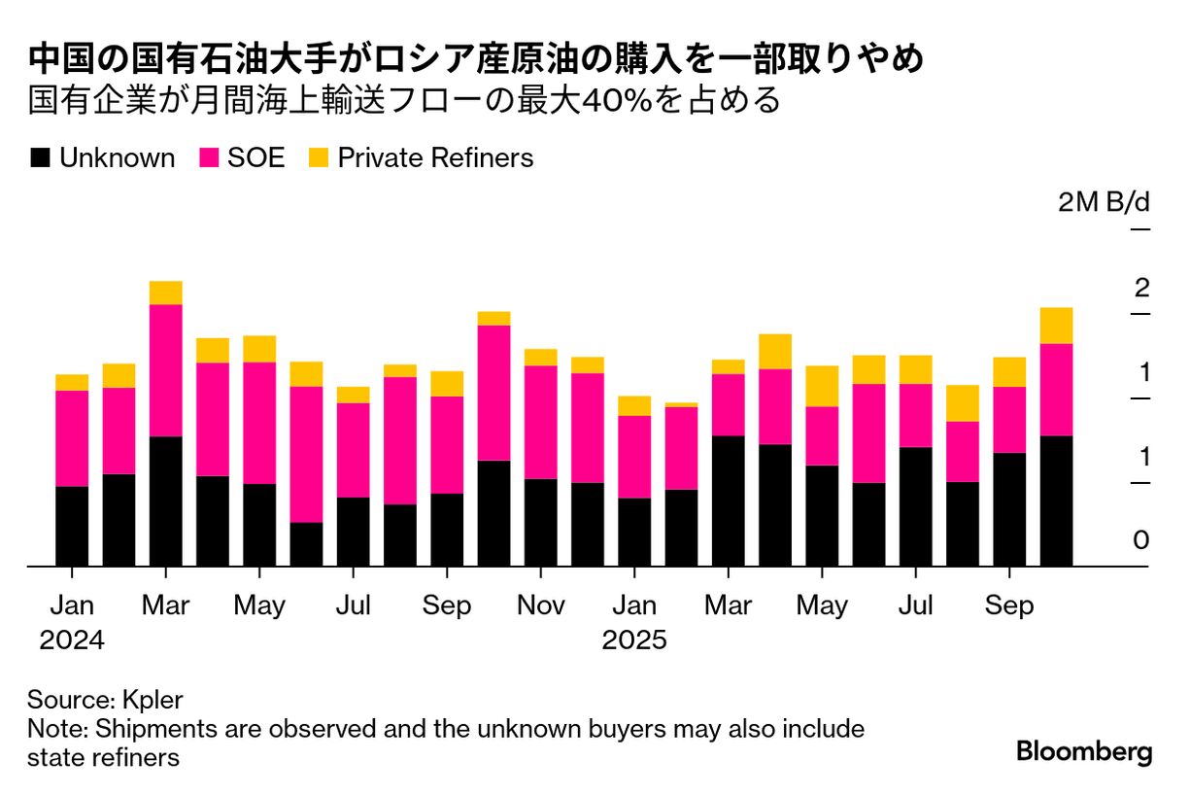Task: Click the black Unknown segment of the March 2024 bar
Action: [x=166, y=501]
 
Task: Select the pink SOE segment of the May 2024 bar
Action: [x=259, y=423]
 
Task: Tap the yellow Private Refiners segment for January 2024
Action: [x=72, y=382]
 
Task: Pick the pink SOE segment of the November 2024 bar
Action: [x=541, y=422]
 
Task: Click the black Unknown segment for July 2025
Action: [x=915, y=506]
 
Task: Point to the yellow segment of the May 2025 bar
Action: [x=822, y=386]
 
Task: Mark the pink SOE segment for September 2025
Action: [x=1009, y=420]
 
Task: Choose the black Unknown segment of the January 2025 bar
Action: [x=634, y=532]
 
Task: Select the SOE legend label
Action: [x=256, y=158]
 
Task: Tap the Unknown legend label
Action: [x=117, y=158]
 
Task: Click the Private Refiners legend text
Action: [x=435, y=158]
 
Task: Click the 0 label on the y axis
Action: [x=1140, y=541]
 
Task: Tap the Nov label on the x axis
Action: [x=541, y=605]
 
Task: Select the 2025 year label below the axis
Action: [x=634, y=640]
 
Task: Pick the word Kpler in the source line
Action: [x=153, y=700]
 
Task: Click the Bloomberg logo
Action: [x=1084, y=751]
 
